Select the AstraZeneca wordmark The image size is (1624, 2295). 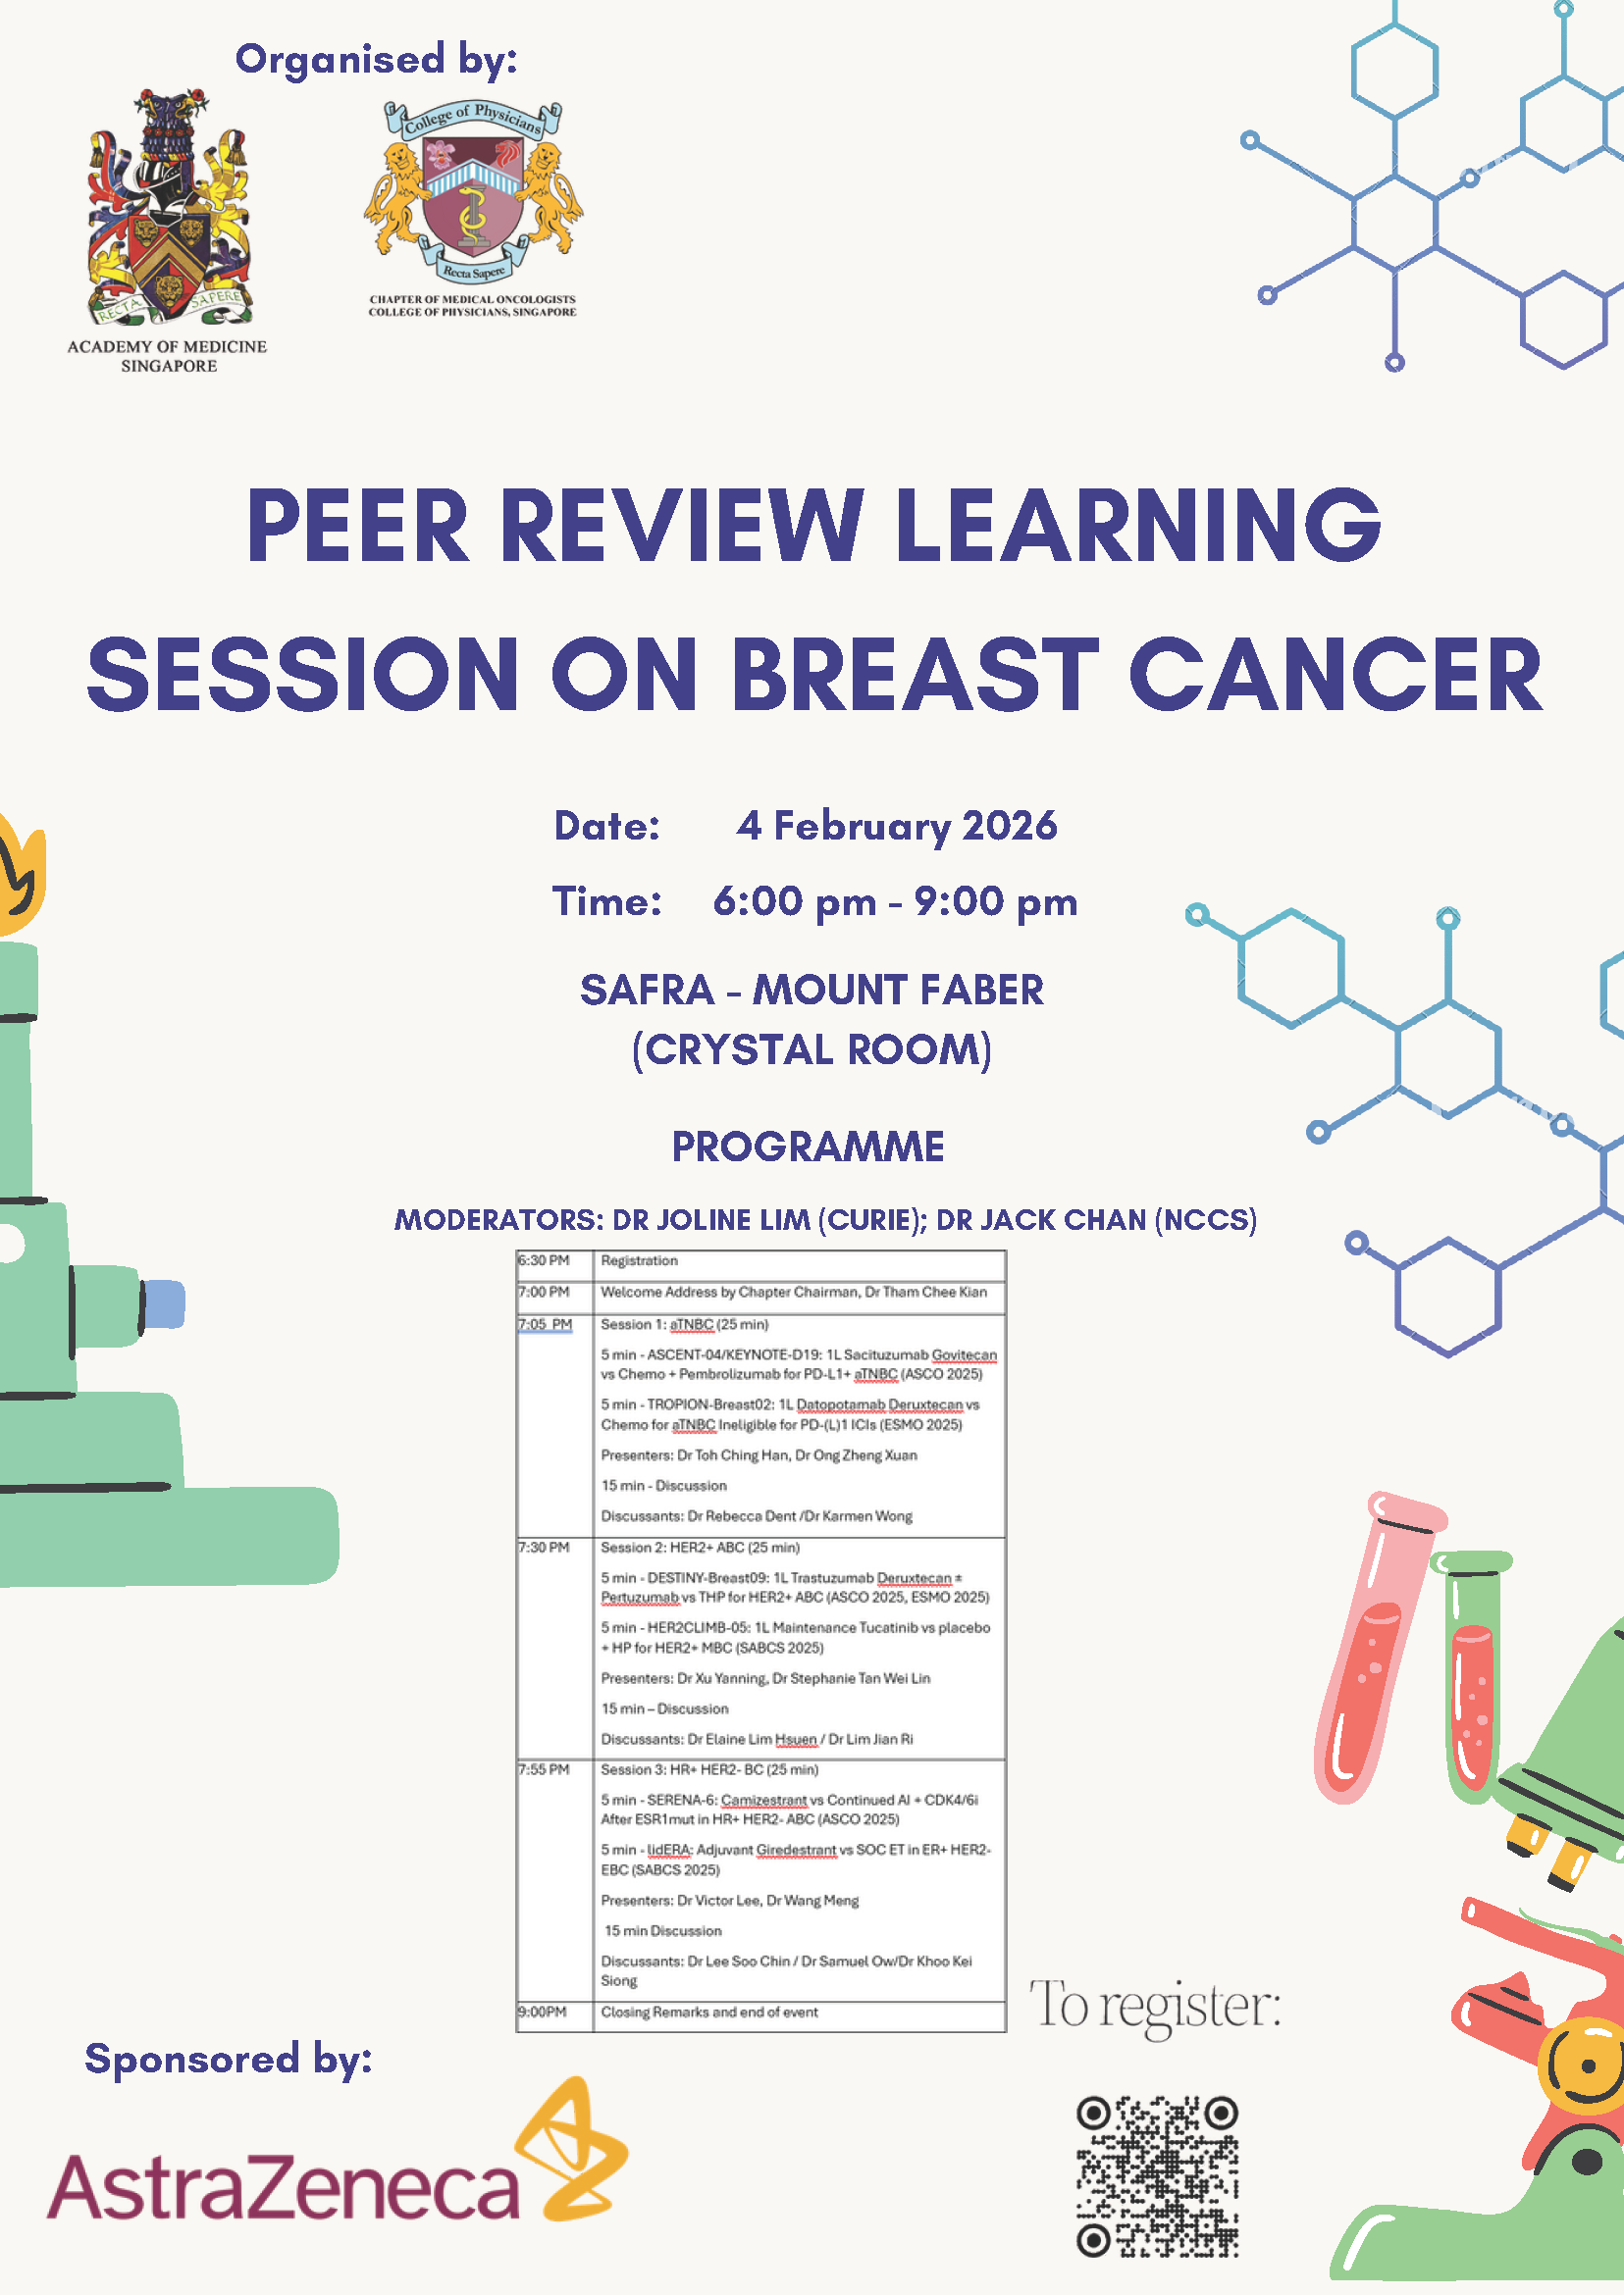pyautogui.click(x=283, y=2186)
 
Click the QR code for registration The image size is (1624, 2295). pyautogui.click(x=1157, y=2177)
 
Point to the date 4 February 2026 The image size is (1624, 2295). pyautogui.click(x=897, y=826)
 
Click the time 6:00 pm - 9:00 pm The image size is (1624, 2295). pyautogui.click(x=895, y=901)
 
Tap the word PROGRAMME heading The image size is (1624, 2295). pyautogui.click(x=808, y=1147)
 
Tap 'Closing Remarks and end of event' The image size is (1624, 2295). pyautogui.click(x=709, y=2013)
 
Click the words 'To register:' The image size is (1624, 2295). pyautogui.click(x=1155, y=2006)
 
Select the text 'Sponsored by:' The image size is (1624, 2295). pyautogui.click(x=228, y=2059)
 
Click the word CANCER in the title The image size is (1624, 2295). pyautogui.click(x=1336, y=675)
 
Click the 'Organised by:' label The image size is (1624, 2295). pyautogui.click(x=376, y=60)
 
